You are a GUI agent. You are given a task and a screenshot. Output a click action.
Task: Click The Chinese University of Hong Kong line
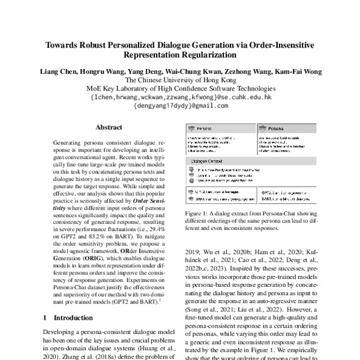pyautogui.click(x=180, y=80)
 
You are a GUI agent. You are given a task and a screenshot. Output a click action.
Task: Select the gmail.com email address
pyautogui.click(x=180, y=105)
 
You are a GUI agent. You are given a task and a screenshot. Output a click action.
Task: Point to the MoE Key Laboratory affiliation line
pyautogui.click(x=180, y=88)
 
